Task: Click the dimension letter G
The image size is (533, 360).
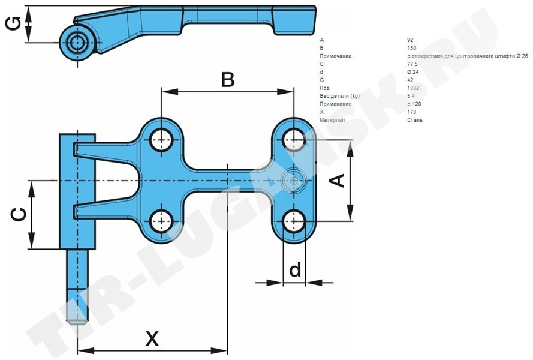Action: point(13,25)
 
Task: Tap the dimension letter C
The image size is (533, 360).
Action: point(19,215)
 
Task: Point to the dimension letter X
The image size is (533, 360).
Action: point(153,339)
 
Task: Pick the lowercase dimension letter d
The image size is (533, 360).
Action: point(294,270)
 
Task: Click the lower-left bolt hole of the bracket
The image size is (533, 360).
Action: point(161,221)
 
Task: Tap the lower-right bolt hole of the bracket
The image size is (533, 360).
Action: point(294,221)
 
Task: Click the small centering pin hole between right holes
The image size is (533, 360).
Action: point(294,180)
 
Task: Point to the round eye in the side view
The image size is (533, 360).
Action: point(77,43)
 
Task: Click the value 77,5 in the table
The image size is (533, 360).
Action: point(412,64)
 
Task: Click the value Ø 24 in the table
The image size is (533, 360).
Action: point(412,72)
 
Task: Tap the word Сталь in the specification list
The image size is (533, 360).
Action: point(414,120)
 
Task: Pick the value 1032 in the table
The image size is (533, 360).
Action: point(412,88)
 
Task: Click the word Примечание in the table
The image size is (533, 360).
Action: point(336,56)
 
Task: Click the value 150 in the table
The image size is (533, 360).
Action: point(411,47)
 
